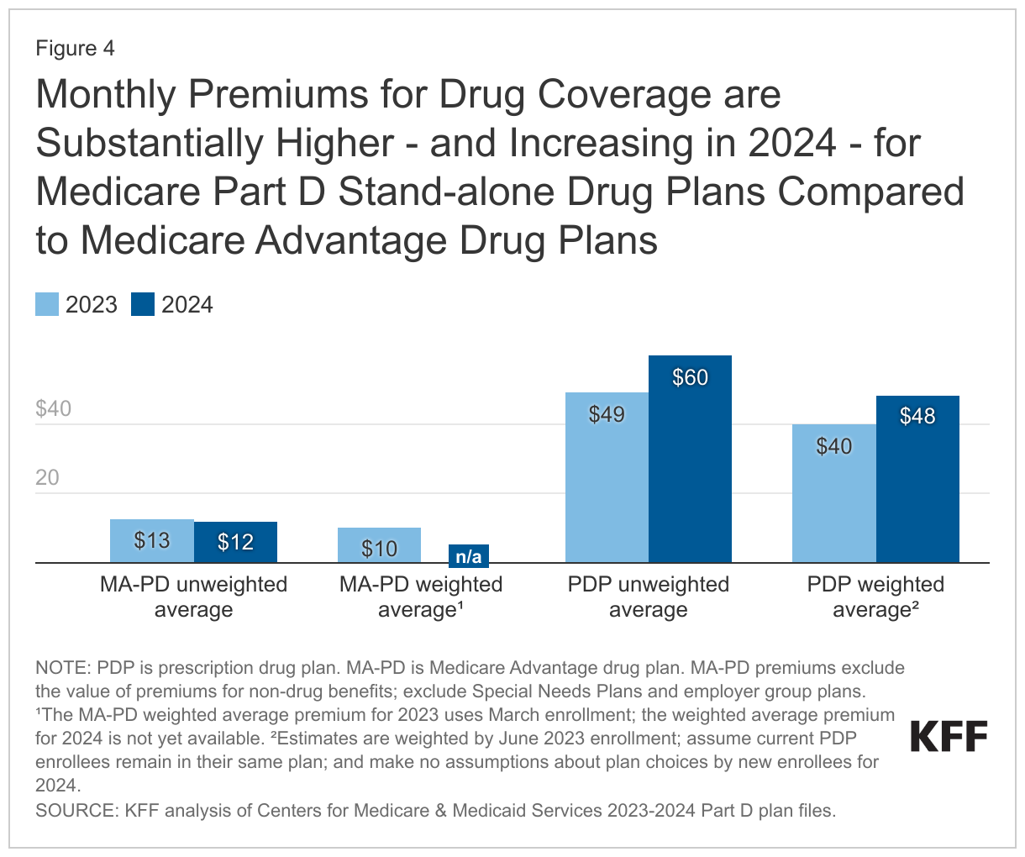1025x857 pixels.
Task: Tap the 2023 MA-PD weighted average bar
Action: tap(379, 545)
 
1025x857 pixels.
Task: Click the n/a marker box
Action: tap(468, 555)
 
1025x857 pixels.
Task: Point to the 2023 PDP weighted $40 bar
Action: tap(833, 493)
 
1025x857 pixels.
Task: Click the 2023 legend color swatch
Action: tap(47, 304)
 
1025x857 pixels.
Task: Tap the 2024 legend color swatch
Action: tap(143, 304)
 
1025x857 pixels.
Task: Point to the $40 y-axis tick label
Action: tap(53, 409)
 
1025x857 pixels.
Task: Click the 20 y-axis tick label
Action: tap(47, 478)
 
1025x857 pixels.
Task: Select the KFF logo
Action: tap(949, 737)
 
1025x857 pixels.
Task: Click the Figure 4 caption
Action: tap(75, 49)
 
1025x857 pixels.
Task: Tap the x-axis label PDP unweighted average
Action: tap(648, 597)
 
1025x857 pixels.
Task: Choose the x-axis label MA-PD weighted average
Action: tap(420, 597)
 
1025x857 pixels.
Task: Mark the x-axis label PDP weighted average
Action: tap(875, 597)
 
